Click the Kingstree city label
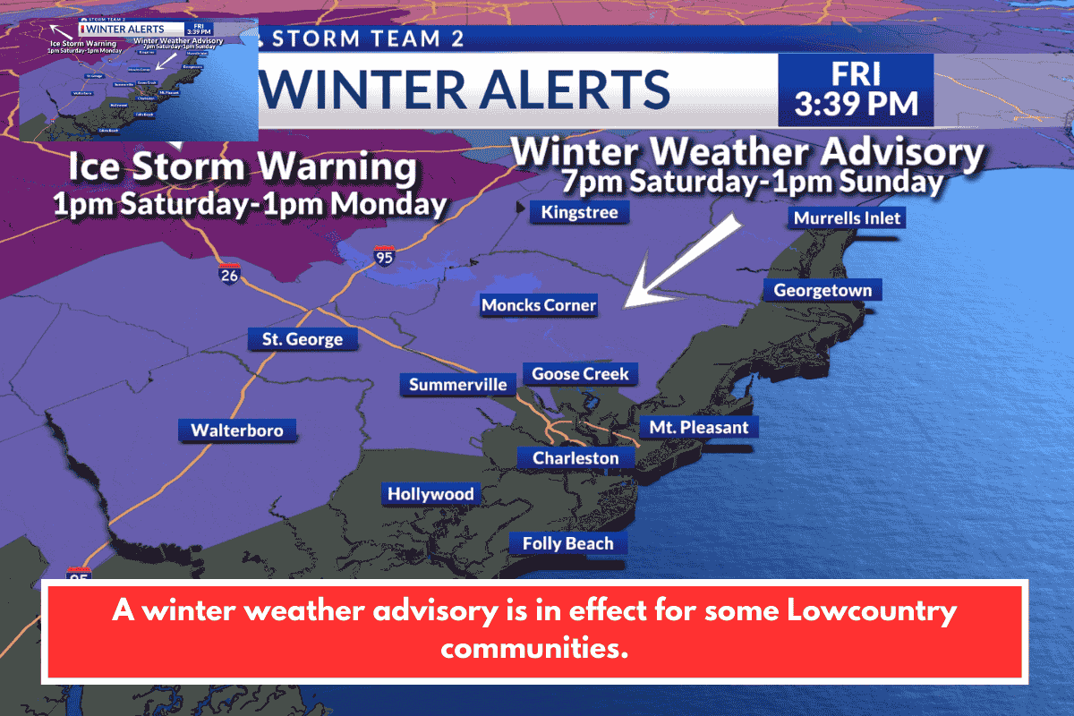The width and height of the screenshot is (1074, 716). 580,212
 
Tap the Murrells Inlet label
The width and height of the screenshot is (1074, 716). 847,217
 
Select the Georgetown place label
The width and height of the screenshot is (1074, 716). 823,290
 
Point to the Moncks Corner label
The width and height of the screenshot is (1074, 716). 538,305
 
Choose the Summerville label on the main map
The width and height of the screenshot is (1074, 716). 457,385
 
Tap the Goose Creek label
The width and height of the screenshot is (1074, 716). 580,374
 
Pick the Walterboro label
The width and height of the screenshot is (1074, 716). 236,430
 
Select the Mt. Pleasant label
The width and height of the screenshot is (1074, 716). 698,427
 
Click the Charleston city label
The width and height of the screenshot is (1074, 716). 575,458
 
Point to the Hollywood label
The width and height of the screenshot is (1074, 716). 430,494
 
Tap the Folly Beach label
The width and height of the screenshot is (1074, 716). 567,543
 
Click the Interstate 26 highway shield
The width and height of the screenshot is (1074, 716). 229,274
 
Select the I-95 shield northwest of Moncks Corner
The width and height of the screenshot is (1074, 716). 384,257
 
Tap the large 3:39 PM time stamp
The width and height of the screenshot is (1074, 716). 856,103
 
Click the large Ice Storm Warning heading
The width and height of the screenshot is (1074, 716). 243,168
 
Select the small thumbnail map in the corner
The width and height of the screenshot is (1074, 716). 139,80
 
